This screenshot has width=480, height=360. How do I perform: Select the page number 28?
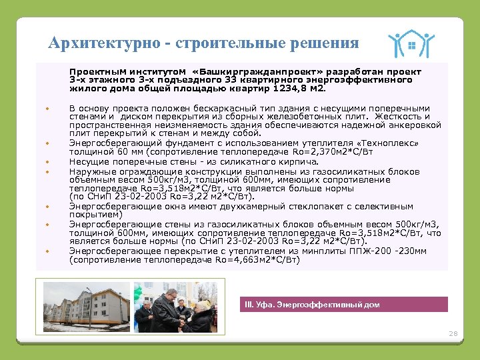453,333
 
